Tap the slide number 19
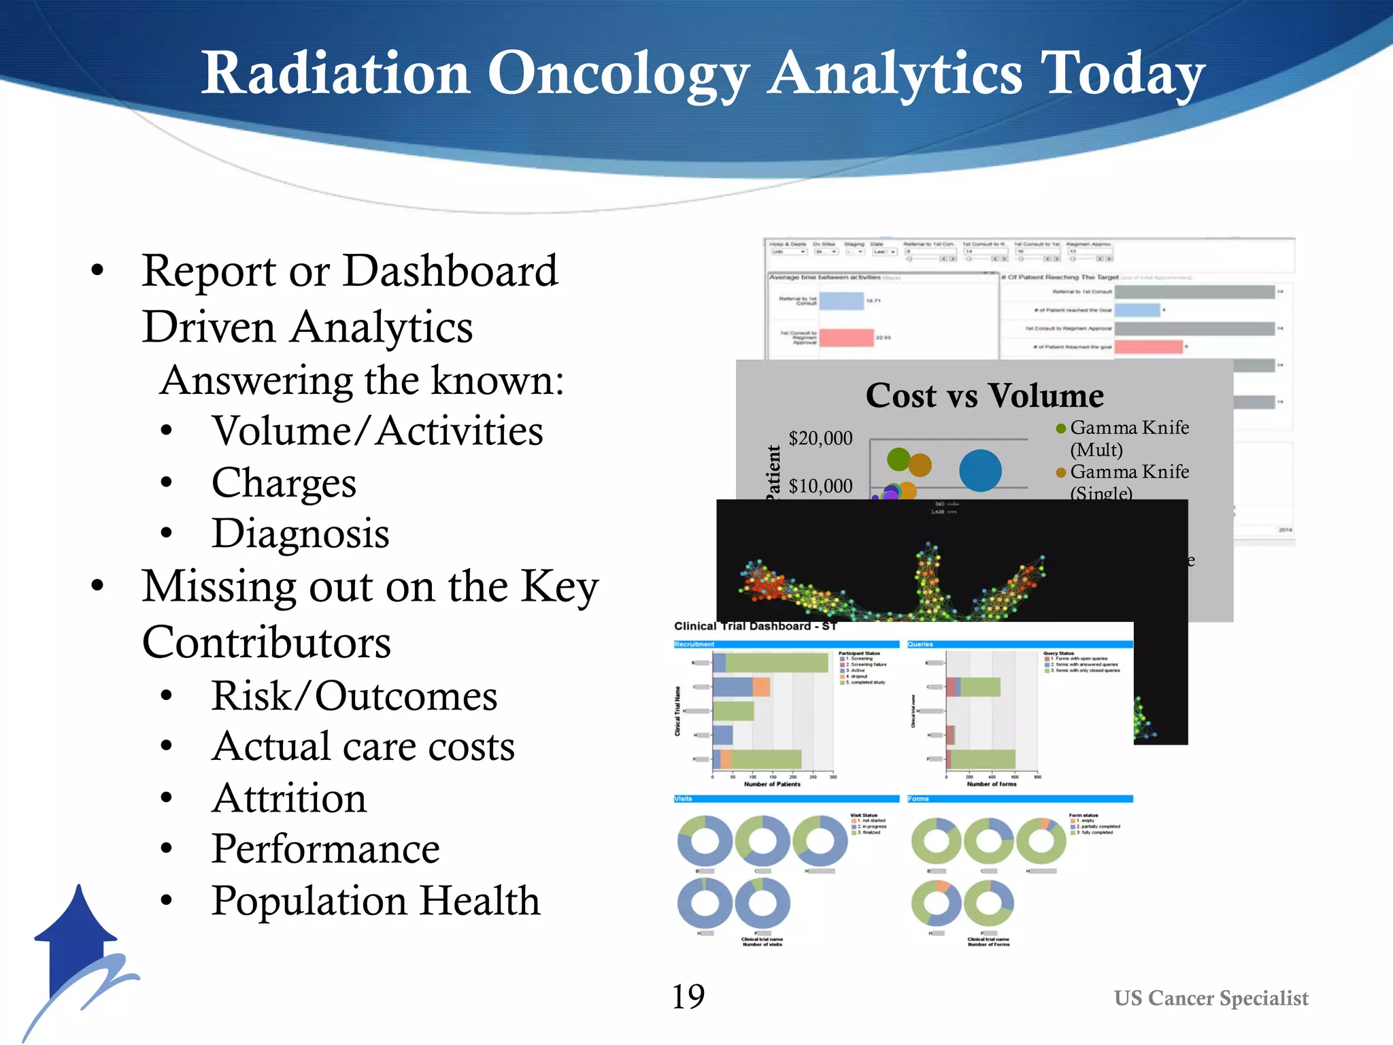click(x=688, y=997)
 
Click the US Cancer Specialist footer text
click(x=1211, y=998)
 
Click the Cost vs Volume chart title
click(x=984, y=396)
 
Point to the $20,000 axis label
click(x=820, y=438)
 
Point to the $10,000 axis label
click(x=820, y=486)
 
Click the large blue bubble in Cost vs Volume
click(x=980, y=470)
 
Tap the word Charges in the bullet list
click(x=284, y=483)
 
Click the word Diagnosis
click(x=300, y=533)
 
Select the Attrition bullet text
click(x=289, y=798)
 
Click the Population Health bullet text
click(x=375, y=901)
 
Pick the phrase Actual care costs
click(x=363, y=747)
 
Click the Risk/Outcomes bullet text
click(x=354, y=696)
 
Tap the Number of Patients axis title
click(x=772, y=784)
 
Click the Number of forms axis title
click(x=991, y=784)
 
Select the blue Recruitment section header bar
click(x=786, y=644)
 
